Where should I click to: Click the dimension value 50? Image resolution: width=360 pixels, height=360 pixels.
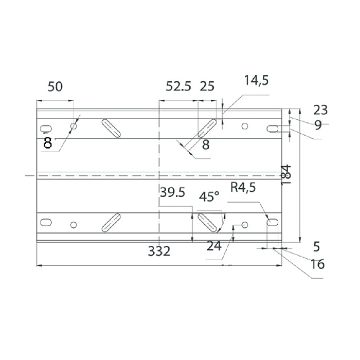pyautogui.click(x=55, y=87)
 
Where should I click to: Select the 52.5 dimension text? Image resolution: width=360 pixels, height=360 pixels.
pyautogui.click(x=178, y=86)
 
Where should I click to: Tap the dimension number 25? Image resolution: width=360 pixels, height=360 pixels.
pyautogui.click(x=207, y=86)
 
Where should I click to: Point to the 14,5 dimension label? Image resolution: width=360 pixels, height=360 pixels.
pyautogui.click(x=256, y=81)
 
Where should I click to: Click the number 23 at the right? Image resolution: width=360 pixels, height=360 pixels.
pyautogui.click(x=320, y=110)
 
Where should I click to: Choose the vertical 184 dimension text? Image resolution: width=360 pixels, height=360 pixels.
pyautogui.click(x=286, y=174)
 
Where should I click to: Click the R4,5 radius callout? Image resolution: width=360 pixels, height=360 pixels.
pyautogui.click(x=243, y=187)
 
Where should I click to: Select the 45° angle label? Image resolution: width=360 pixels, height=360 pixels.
pyautogui.click(x=209, y=197)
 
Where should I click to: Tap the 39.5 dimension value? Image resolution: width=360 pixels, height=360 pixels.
pyautogui.click(x=172, y=192)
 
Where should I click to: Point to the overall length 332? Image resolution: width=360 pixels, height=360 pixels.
pyautogui.click(x=159, y=251)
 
